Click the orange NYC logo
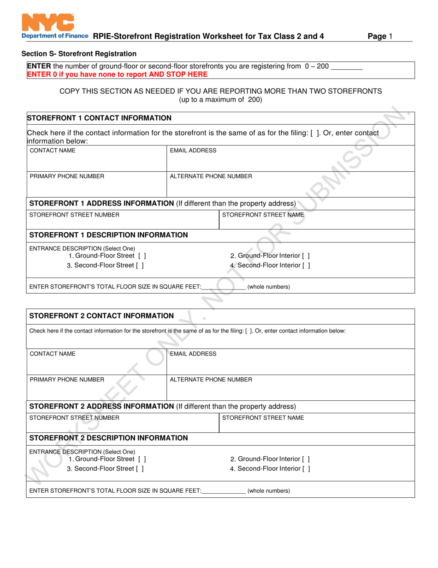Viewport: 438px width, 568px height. click(x=48, y=22)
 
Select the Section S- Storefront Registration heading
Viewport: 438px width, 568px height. click(x=79, y=54)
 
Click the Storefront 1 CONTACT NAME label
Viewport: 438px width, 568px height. click(x=53, y=151)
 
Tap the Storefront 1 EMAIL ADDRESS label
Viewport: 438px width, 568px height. click(x=193, y=151)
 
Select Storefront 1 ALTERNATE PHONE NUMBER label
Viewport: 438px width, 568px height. click(x=211, y=176)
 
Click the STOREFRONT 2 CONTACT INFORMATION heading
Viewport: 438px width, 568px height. click(x=101, y=316)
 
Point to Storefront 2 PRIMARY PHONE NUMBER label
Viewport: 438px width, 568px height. click(x=67, y=380)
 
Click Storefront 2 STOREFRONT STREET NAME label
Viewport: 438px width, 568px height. click(x=263, y=418)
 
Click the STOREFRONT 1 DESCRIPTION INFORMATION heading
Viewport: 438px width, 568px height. click(x=108, y=235)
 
